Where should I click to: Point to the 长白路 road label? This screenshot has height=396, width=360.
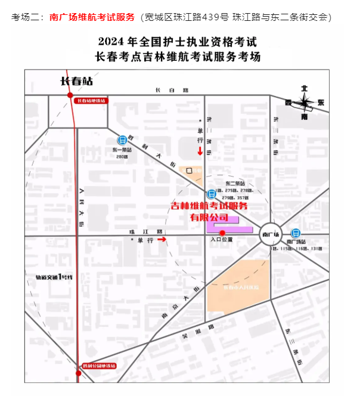[x=172, y=90]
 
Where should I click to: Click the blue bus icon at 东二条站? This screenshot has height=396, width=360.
[x=210, y=194]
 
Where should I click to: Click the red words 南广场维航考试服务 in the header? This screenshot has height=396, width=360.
[x=92, y=17]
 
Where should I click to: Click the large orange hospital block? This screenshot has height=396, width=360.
[x=237, y=287]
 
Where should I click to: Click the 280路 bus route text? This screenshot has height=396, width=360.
[x=122, y=157]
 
